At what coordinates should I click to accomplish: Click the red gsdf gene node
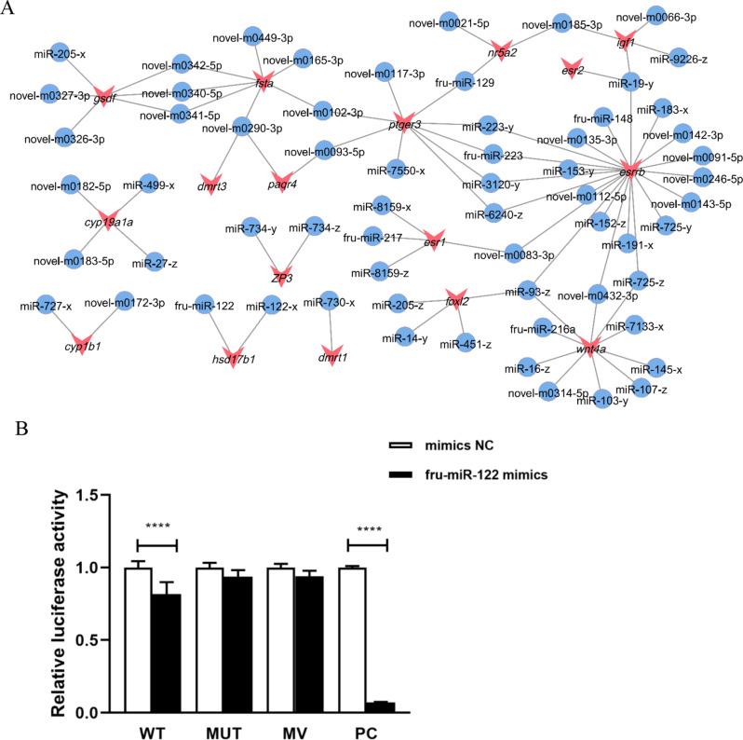tap(103, 96)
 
